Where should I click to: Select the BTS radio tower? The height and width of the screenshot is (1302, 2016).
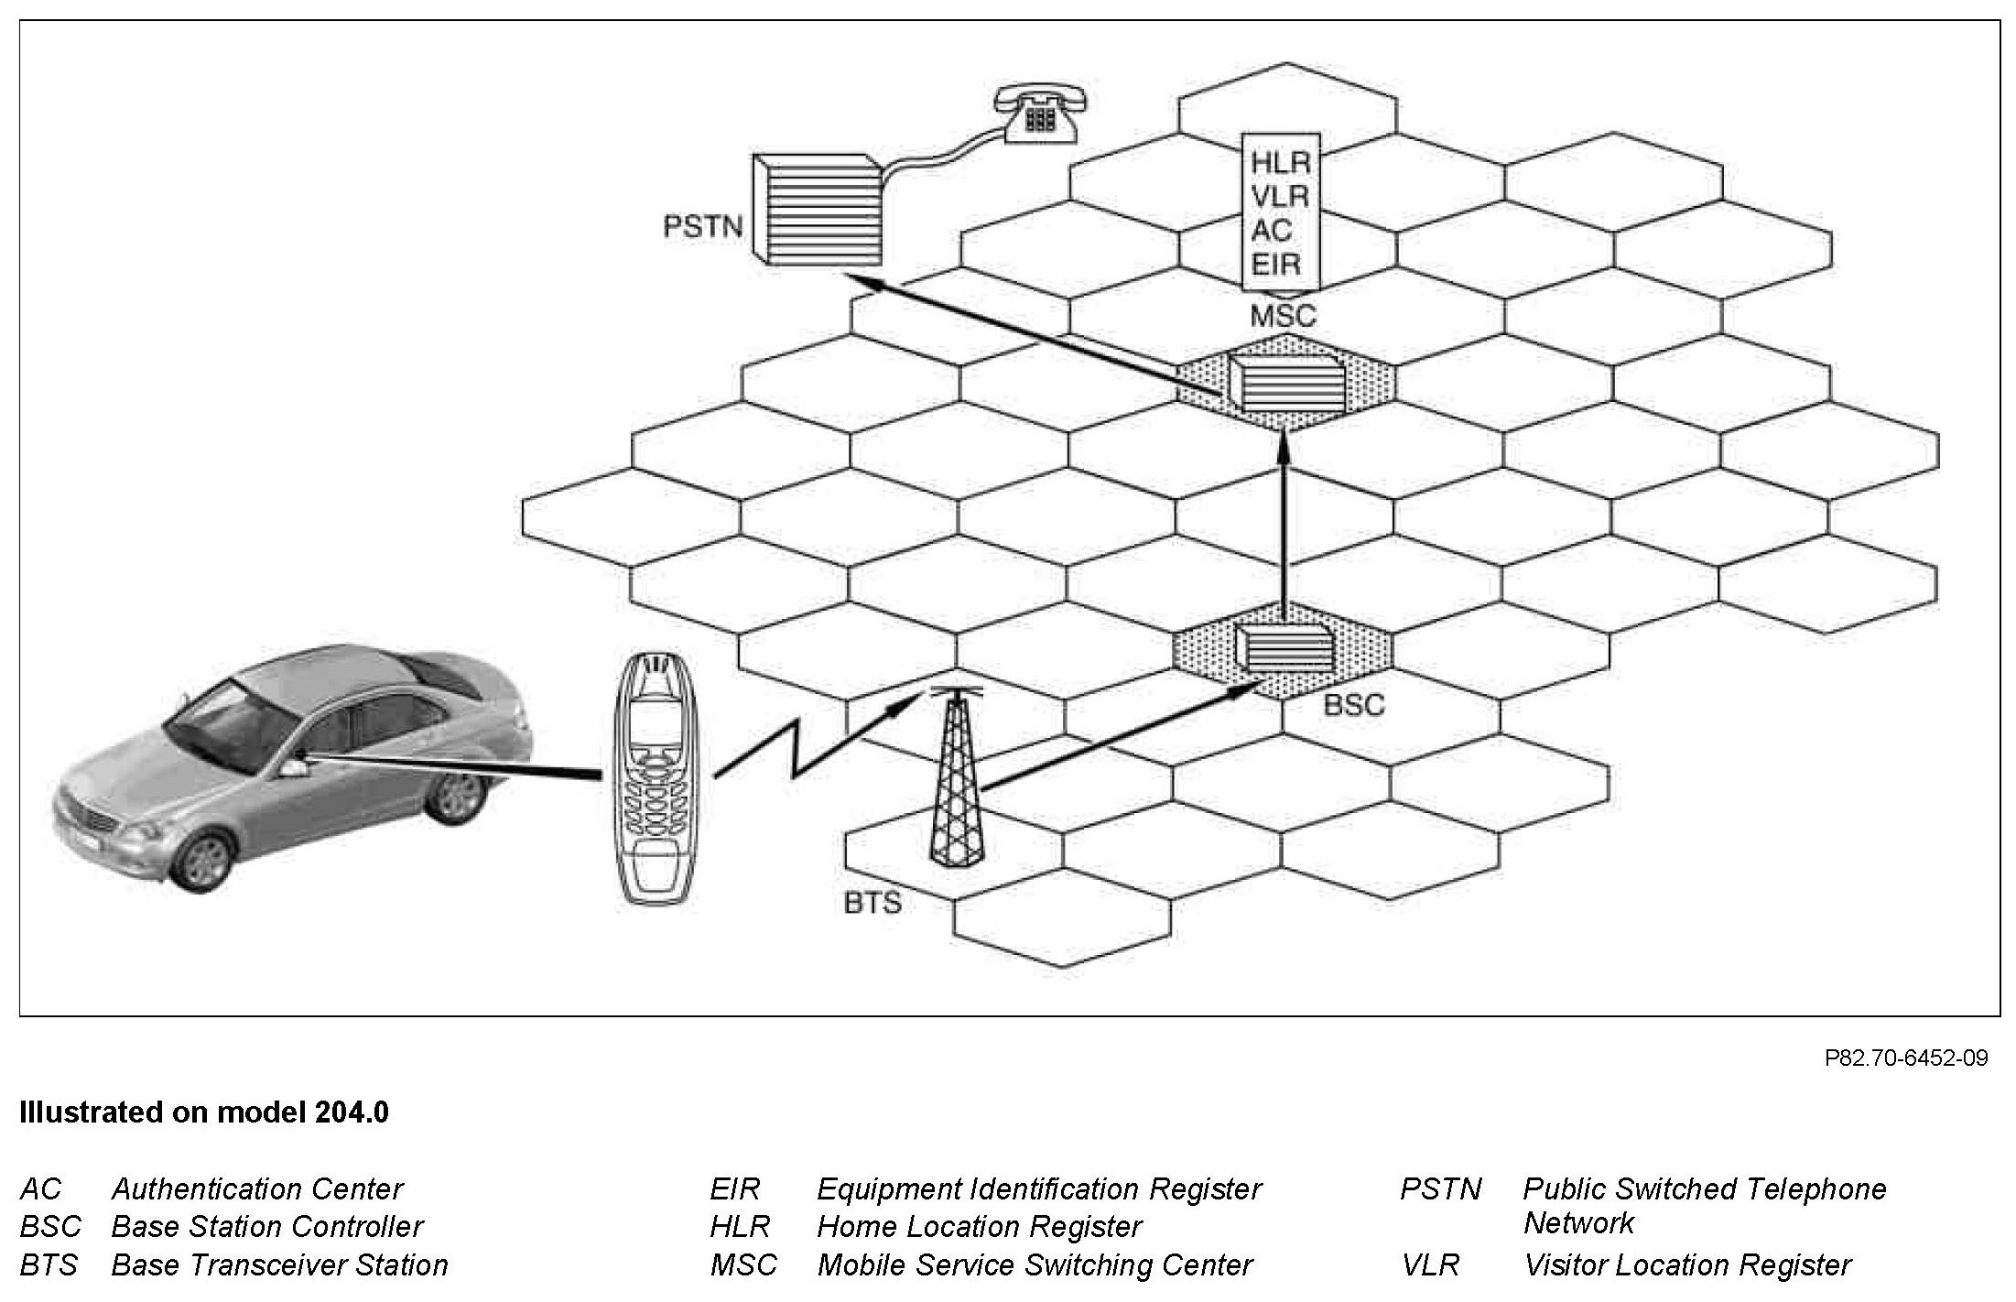pos(956,778)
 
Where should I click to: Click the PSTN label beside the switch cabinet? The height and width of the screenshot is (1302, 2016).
pos(702,226)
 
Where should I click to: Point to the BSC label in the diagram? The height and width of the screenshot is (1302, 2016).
pos(1354,706)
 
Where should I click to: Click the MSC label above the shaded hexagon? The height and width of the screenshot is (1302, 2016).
pos(1283,316)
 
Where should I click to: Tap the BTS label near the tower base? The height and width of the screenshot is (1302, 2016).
pos(873,903)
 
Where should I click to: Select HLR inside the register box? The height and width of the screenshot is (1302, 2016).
pos(1281,163)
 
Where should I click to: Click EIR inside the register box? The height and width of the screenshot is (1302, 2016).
pos(1276,265)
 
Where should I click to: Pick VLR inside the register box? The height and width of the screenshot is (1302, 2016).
pos(1280,197)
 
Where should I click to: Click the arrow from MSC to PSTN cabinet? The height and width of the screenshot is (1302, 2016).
pos(1035,334)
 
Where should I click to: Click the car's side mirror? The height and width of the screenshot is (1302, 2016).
pos(293,767)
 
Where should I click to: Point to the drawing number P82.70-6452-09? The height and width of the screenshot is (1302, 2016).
pos(1906,1058)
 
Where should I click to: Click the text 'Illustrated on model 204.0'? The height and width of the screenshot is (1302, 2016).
pos(204,1112)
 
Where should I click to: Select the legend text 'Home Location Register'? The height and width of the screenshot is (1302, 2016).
pos(979,1227)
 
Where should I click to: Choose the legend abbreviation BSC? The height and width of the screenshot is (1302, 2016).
pos(50,1227)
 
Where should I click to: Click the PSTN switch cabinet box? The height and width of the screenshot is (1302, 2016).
pos(815,211)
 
